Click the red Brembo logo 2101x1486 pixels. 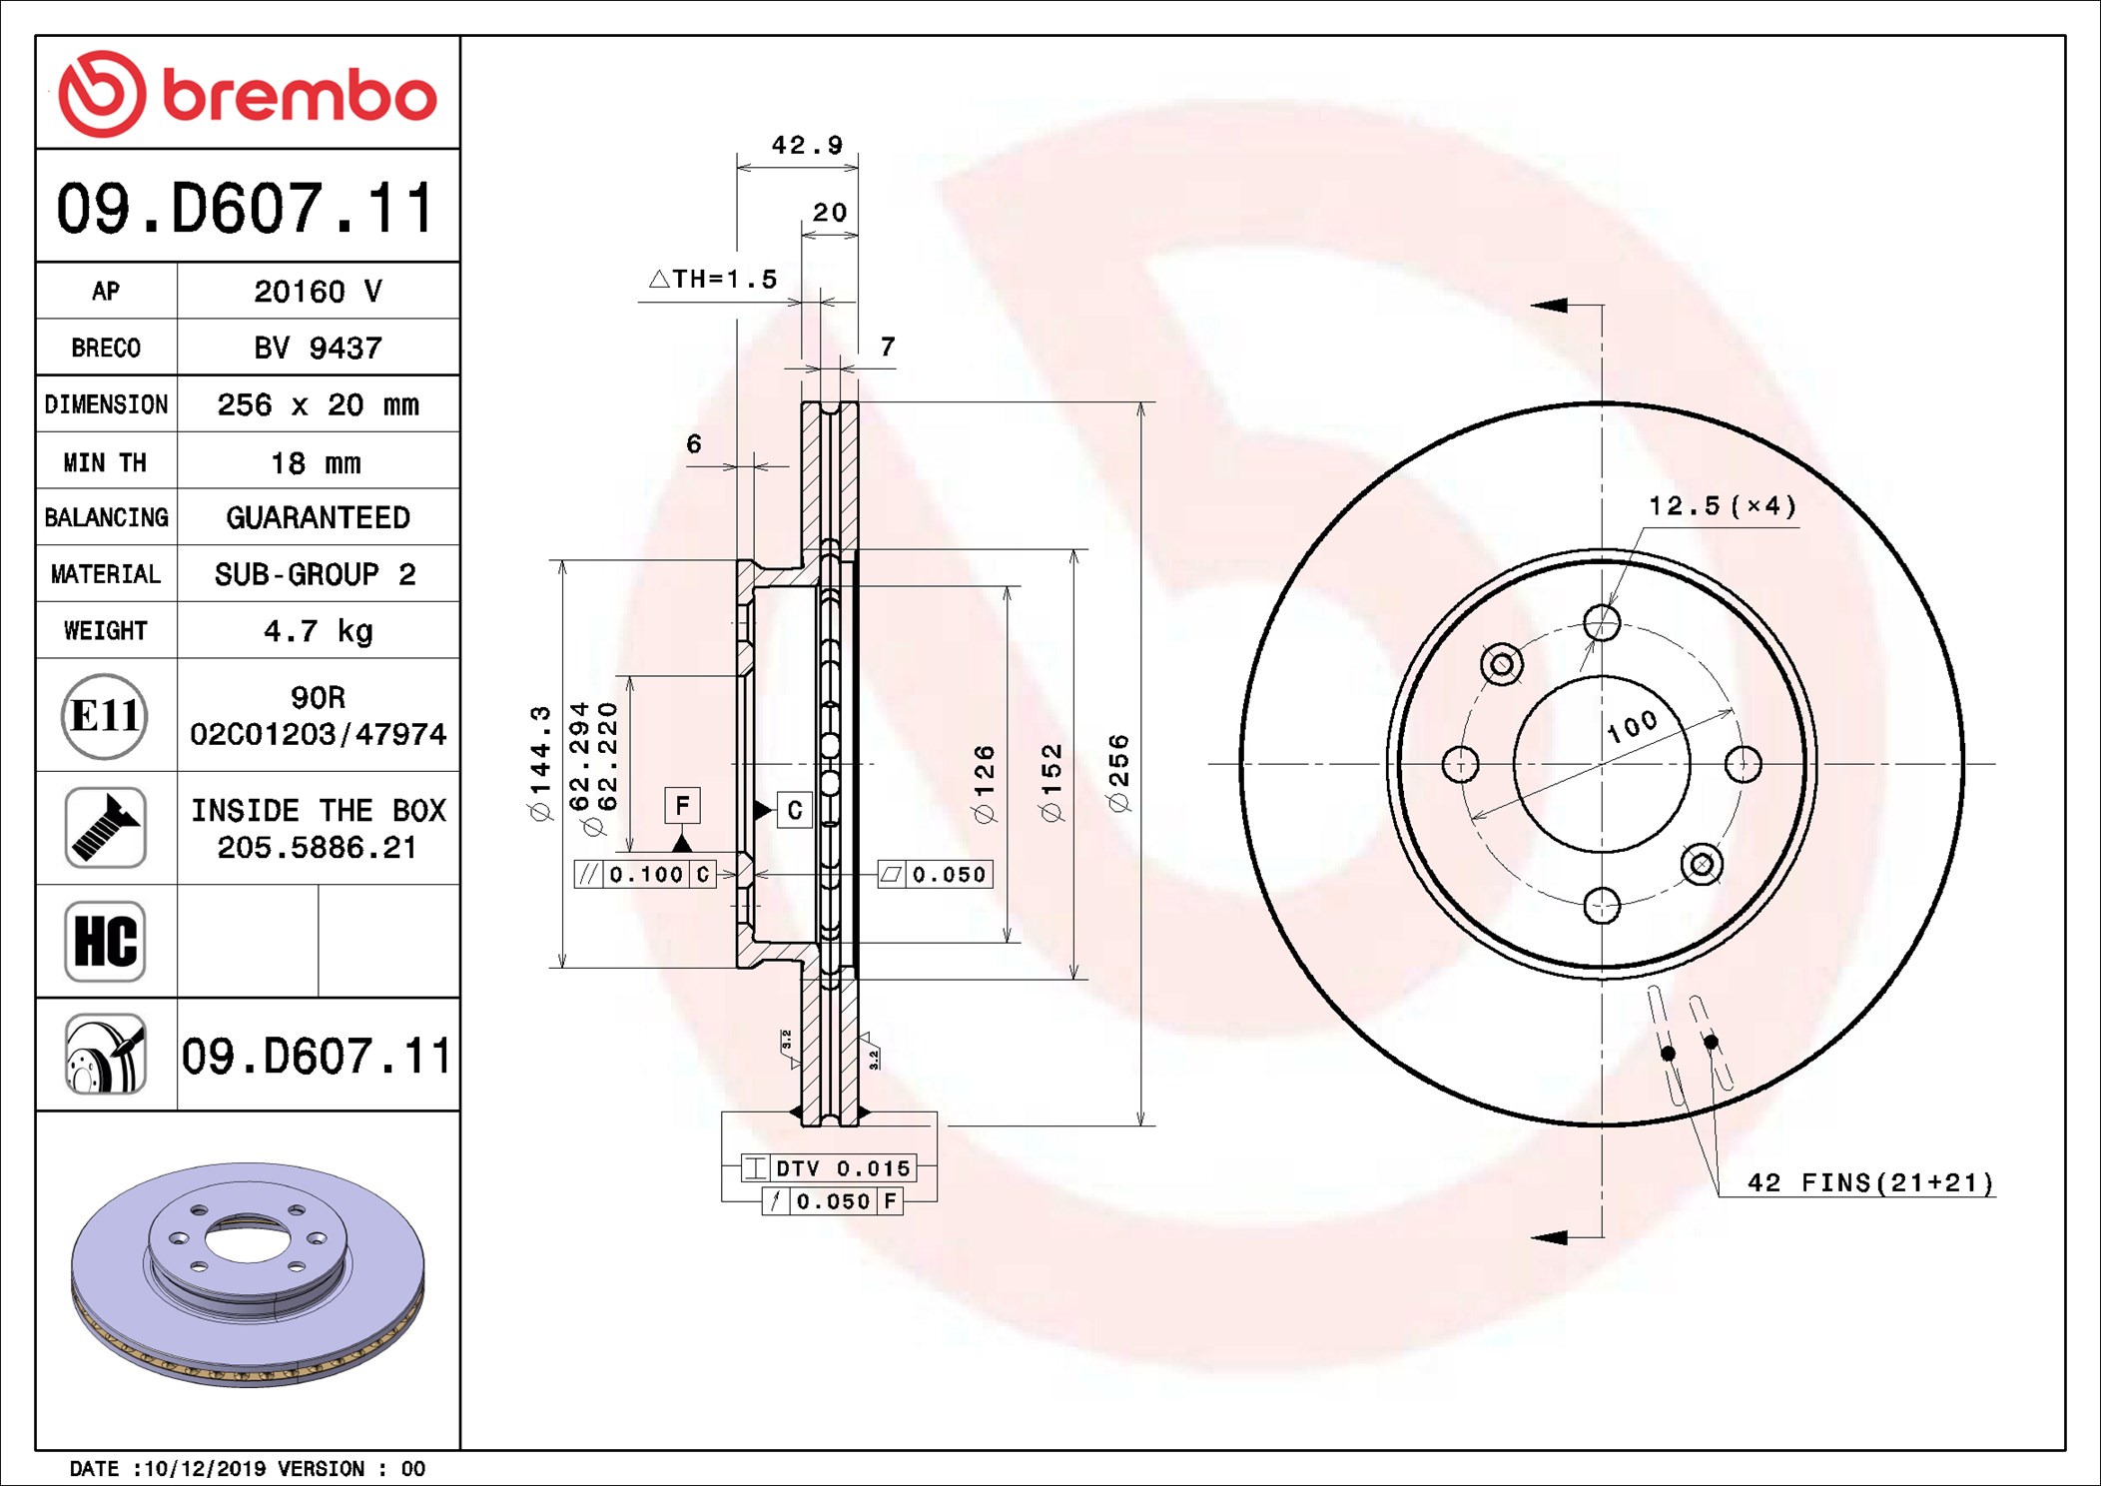(248, 94)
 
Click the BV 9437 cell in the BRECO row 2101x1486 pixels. (318, 348)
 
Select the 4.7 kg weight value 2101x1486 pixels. (318, 631)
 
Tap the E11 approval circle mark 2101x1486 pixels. (105, 715)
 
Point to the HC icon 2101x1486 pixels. (105, 941)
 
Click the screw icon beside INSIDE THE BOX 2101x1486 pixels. (105, 828)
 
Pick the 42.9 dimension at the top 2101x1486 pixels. (807, 146)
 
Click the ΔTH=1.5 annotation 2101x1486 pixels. (713, 279)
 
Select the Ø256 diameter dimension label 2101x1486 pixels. (1118, 773)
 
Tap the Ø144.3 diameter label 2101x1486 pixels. (540, 763)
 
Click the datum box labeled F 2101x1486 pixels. (682, 805)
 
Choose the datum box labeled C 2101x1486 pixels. (795, 810)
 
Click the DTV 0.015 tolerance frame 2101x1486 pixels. (829, 1168)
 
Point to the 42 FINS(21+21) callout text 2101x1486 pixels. (1870, 1182)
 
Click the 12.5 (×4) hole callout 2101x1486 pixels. (1723, 506)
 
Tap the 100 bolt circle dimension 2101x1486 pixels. (1633, 726)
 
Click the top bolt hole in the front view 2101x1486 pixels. (1602, 622)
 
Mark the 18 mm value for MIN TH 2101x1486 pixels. (317, 462)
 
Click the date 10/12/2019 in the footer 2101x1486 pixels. (204, 1468)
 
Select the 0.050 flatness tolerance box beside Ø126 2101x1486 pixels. (935, 875)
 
